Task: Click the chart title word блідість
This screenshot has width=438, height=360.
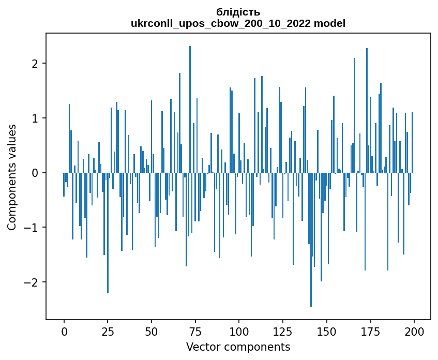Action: [x=238, y=12]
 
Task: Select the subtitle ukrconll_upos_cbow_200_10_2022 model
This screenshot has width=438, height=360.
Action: [x=238, y=23]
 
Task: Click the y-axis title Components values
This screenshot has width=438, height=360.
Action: [x=11, y=177]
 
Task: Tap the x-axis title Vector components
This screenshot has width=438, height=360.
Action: [x=238, y=347]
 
